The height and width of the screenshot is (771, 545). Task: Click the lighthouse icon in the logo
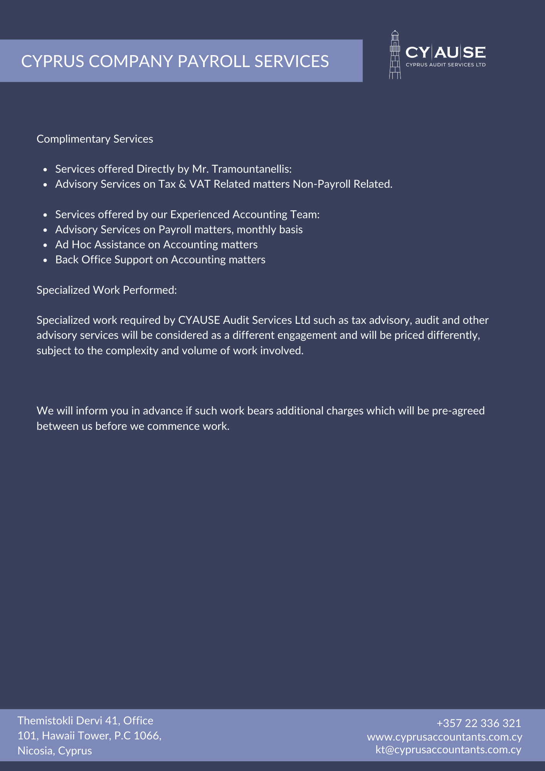[395, 55]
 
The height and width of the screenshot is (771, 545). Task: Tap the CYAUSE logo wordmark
[446, 52]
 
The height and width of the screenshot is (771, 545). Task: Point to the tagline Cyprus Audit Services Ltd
[446, 65]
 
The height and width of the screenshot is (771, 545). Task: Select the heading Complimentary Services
[95, 139]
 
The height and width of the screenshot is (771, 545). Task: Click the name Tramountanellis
[252, 169]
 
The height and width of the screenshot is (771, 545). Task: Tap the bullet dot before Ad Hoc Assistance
[45, 245]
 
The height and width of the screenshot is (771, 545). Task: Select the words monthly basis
[270, 230]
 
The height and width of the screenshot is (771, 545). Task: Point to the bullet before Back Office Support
[45, 260]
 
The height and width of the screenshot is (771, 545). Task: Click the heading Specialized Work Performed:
[107, 290]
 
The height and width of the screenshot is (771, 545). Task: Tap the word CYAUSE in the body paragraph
[199, 320]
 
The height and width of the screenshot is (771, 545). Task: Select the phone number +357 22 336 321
[479, 723]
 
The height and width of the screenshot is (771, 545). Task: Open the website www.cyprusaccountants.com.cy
[444, 737]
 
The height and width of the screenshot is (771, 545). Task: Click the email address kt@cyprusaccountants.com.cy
[448, 750]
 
